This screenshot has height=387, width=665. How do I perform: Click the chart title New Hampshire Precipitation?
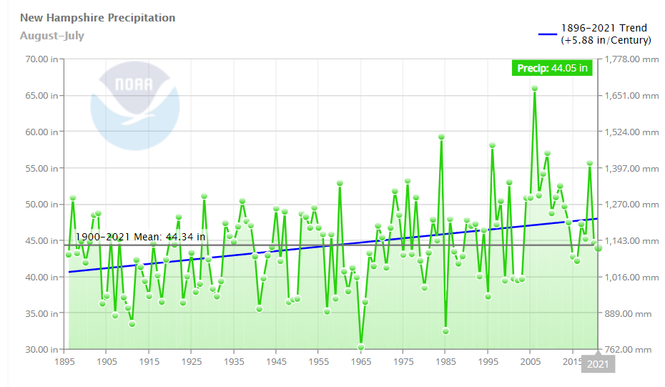[97, 18]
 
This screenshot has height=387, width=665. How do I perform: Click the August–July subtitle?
[51, 36]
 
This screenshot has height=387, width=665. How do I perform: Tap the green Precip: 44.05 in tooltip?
[552, 69]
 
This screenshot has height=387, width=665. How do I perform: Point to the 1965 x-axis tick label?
[361, 362]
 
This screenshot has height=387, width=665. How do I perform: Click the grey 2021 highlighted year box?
[599, 365]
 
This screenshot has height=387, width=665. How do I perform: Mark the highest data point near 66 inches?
[534, 89]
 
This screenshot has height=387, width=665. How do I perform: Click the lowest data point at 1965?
[361, 347]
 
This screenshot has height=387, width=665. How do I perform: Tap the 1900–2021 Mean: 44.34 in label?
[141, 237]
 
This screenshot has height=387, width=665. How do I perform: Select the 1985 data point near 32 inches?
[445, 330]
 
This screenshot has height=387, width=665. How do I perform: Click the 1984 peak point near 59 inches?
[442, 137]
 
